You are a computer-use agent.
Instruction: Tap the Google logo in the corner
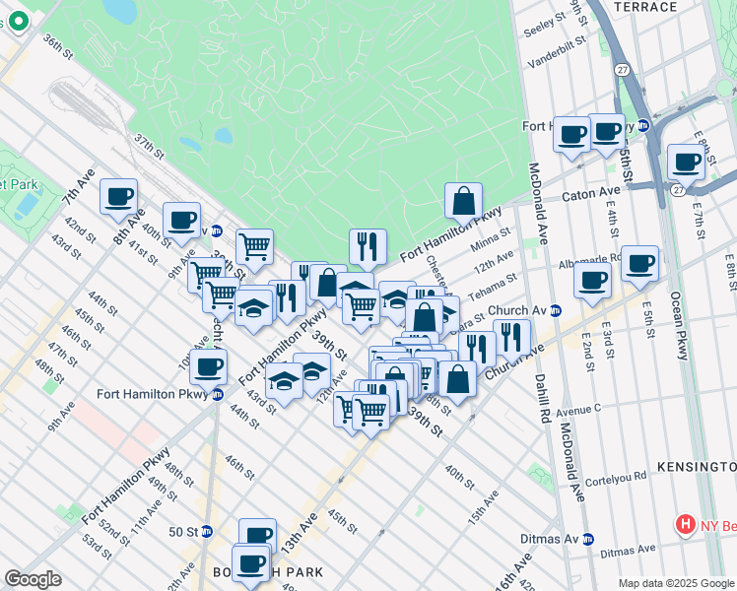pos(33,579)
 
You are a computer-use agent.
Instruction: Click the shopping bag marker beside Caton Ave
pos(463,201)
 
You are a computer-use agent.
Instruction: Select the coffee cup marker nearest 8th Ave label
pos(118,196)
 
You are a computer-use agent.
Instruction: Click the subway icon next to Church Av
pos(556,309)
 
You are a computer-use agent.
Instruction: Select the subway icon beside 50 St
pos(206,531)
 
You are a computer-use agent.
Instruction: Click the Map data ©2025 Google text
pos(675,583)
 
